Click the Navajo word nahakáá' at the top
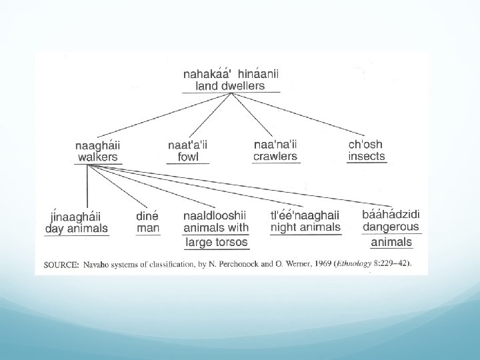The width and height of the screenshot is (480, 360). pos(207,74)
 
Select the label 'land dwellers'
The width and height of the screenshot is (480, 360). pos(230,85)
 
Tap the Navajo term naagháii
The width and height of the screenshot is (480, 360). pos(98,145)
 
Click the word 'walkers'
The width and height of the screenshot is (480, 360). pos(98,157)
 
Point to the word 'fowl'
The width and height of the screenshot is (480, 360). pos(188,157)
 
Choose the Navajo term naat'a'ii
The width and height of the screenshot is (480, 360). pos(188,145)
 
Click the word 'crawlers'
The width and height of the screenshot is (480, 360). pos(275,157)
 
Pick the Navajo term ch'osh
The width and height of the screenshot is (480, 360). pos(366,145)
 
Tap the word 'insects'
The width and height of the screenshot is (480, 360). pos(367,157)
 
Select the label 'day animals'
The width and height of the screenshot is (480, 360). pos(76,229)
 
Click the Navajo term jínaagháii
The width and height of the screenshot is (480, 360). pos(76,216)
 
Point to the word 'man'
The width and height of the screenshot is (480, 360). pos(147,229)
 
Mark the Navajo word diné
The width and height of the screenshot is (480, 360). pos(147,216)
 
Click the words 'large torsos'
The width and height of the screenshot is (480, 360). pos(217,242)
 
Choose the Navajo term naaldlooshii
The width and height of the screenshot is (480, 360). pos(215,215)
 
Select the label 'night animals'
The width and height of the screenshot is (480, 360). pos(305,227)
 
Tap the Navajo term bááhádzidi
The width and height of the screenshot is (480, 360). pos(391,215)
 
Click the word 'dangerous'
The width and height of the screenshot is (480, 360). pos(391,227)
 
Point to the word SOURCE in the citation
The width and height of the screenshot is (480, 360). pos(59,264)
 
